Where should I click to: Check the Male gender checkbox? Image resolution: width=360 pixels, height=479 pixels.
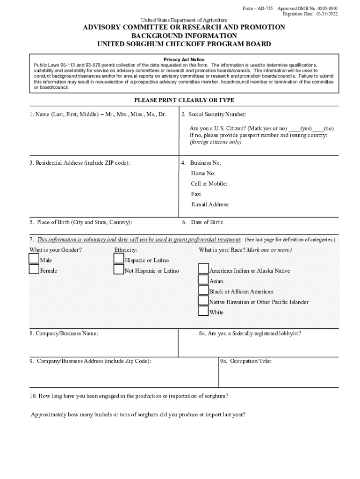[34, 259]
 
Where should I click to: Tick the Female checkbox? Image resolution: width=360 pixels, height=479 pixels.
[34, 269]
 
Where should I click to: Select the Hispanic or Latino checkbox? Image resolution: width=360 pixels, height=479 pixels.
[118, 259]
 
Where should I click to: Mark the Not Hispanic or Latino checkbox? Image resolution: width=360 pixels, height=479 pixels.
[118, 269]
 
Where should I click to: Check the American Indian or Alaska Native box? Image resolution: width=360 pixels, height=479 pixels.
[203, 269]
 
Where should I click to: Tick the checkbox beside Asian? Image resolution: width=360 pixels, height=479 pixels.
[203, 280]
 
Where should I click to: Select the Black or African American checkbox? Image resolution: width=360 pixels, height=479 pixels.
[203, 290]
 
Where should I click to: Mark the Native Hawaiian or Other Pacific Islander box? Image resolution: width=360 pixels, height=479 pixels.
[203, 300]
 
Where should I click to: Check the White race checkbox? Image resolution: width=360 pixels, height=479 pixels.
[203, 311]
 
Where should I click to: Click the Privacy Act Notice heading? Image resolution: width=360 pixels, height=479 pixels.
[184, 60]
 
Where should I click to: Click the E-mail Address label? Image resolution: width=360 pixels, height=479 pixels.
[210, 204]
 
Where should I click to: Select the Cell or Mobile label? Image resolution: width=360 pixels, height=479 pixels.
[209, 184]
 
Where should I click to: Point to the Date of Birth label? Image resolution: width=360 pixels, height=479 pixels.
[207, 222]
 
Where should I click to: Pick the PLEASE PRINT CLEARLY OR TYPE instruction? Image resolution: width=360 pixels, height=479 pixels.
[184, 100]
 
